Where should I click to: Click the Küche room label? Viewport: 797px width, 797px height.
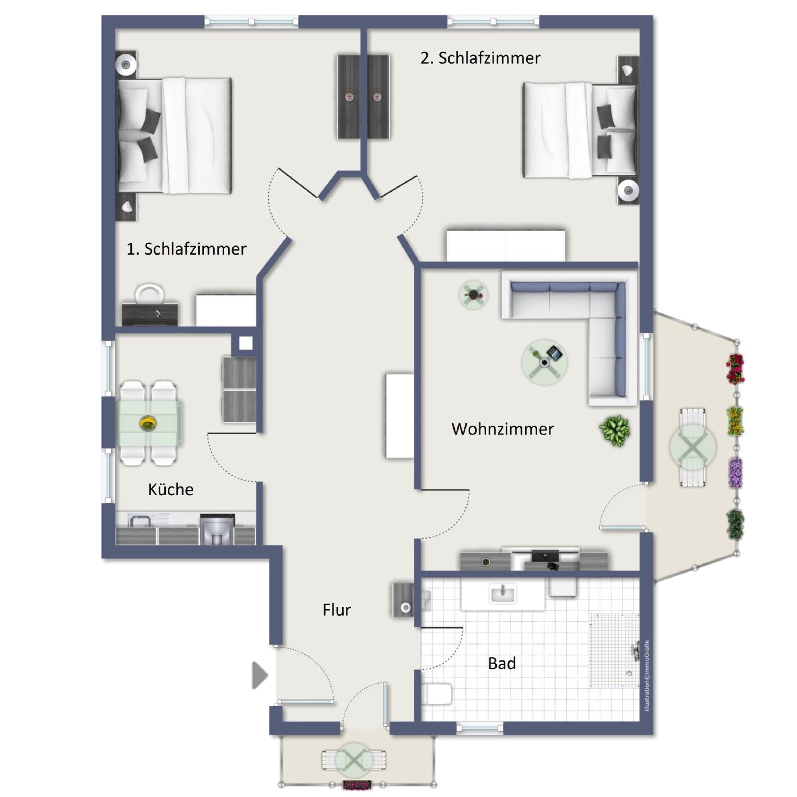click(x=171, y=490)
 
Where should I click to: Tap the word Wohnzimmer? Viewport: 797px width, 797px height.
click(x=502, y=429)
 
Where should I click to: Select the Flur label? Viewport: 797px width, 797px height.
click(x=337, y=610)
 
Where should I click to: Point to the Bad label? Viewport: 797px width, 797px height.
click(x=502, y=663)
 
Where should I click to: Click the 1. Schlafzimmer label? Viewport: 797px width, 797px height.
click(x=186, y=249)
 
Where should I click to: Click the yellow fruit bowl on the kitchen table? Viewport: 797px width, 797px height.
click(x=148, y=423)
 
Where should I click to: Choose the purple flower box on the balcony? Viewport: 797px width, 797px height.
click(x=735, y=473)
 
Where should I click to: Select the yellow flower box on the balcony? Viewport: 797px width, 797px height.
click(x=735, y=421)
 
